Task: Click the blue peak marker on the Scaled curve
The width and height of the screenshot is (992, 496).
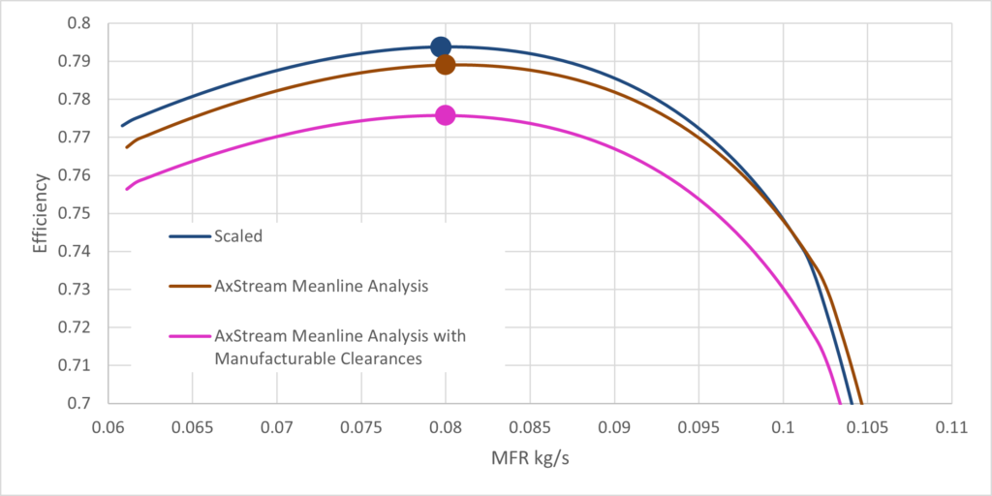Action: click(x=441, y=46)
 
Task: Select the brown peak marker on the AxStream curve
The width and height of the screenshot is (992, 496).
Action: click(x=445, y=65)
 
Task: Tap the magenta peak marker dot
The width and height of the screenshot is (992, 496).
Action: click(x=445, y=115)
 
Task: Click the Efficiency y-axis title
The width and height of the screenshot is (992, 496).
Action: click(x=40, y=213)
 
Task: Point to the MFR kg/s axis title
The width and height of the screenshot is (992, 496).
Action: click(x=529, y=456)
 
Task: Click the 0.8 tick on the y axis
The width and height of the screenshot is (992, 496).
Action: click(x=81, y=23)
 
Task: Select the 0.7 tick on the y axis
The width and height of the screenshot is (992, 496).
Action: click(x=81, y=403)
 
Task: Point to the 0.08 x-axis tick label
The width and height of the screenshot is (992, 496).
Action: click(x=446, y=425)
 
